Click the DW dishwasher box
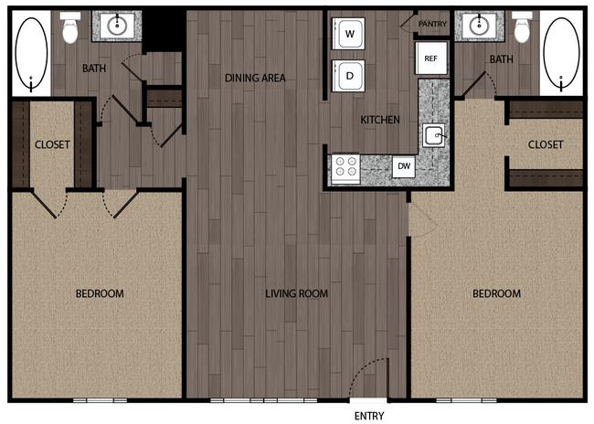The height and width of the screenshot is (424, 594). [x=403, y=166]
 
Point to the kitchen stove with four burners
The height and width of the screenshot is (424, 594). [x=345, y=166]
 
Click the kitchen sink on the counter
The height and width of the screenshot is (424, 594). [x=435, y=136]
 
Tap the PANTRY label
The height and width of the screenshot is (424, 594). [x=431, y=24]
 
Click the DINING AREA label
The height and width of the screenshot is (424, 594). [x=255, y=79]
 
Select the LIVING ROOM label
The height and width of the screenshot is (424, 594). [x=296, y=294]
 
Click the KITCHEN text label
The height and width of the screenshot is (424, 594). [x=380, y=120]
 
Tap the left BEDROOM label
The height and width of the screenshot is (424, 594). [x=99, y=293]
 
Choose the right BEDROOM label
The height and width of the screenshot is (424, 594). [x=496, y=293]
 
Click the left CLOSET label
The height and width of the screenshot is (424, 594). [x=52, y=144]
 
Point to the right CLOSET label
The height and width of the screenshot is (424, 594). [x=546, y=144]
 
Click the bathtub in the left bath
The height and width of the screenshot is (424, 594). [x=31, y=53]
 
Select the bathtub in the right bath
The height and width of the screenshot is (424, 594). [x=563, y=53]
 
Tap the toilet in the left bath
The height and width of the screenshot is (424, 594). [x=70, y=29]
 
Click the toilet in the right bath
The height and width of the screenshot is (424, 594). [x=522, y=27]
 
